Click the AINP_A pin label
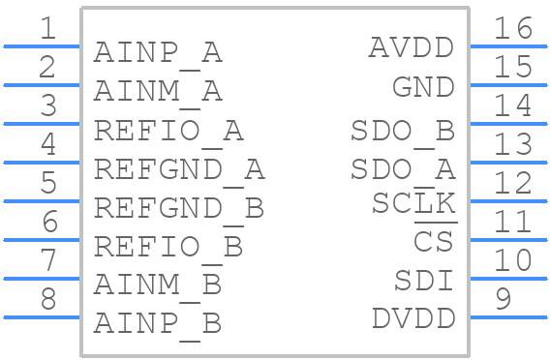[x=158, y=53]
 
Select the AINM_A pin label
[x=158, y=92]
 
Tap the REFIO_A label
[x=168, y=131]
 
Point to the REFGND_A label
[x=178, y=169]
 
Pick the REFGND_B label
[x=178, y=208]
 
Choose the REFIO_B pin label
[x=168, y=247]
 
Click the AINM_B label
[x=158, y=285]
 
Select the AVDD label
[x=412, y=47]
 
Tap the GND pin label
[x=423, y=87]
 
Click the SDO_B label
[x=402, y=131]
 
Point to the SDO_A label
[x=402, y=169]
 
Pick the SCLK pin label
[x=413, y=203]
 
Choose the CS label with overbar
[x=434, y=241]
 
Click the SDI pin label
[x=423, y=281]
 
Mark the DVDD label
[x=412, y=319]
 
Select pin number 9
[x=502, y=299]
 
